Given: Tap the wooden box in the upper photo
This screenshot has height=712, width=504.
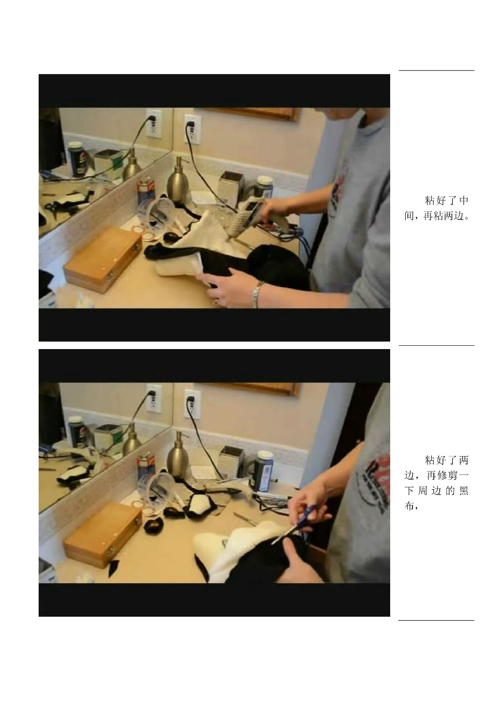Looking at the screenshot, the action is point(103,259).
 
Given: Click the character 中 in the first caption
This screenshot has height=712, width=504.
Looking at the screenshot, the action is point(464,201).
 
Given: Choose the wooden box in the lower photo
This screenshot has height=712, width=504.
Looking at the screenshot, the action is point(103,535).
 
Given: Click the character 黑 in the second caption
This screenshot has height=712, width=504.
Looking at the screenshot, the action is point(464,491).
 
